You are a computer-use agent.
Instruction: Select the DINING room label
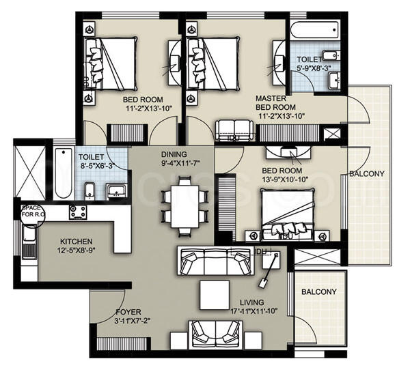pyautogui.click(x=174, y=154)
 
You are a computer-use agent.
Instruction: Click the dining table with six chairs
pyautogui.click(x=183, y=203)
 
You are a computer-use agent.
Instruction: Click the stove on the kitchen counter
pyautogui.click(x=78, y=212)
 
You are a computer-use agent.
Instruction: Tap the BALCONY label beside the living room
pyautogui.click(x=318, y=291)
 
